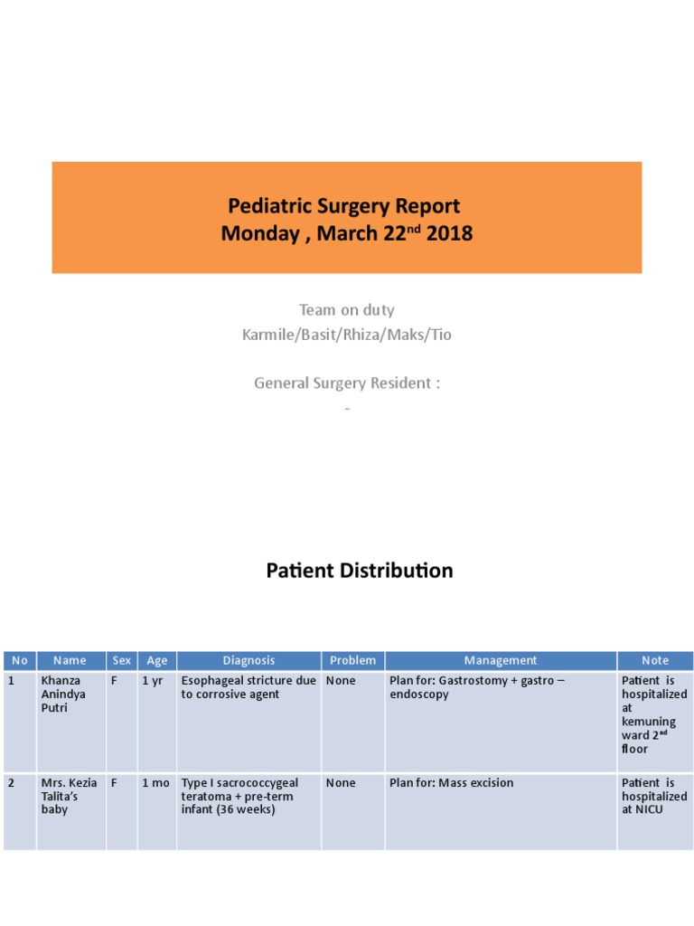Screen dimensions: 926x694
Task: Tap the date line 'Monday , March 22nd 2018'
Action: click(347, 233)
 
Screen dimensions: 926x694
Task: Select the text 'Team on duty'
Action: click(347, 310)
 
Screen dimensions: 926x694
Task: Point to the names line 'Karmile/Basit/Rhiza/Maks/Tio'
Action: click(347, 335)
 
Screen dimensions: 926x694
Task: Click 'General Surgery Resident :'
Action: click(347, 383)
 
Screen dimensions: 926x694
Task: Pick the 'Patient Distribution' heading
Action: click(359, 571)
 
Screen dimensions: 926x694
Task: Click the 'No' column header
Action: click(20, 661)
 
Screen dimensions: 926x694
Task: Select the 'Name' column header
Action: click(70, 661)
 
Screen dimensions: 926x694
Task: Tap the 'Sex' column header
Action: click(121, 661)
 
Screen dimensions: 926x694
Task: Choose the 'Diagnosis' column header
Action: click(249, 661)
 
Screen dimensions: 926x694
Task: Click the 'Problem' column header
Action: click(352, 661)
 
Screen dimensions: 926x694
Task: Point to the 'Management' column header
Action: click(500, 661)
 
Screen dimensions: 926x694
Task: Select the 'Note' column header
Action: click(655, 661)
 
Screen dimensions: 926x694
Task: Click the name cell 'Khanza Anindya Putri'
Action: click(63, 694)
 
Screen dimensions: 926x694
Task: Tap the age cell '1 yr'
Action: click(153, 681)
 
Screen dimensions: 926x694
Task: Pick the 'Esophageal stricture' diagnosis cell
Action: click(249, 687)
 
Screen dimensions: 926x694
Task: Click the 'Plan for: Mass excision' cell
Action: click(451, 783)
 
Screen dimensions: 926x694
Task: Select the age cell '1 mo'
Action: click(155, 783)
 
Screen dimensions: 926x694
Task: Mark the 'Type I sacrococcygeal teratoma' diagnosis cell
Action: click(239, 796)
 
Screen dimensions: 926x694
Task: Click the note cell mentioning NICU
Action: click(654, 797)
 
